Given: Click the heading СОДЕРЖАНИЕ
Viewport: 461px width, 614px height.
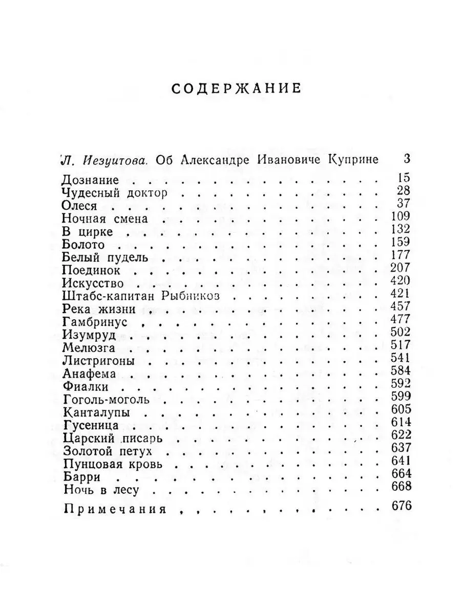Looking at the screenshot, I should click(235, 88).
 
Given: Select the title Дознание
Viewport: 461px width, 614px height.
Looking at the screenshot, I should click(90, 180).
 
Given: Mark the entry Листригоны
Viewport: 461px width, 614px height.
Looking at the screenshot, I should click(98, 360).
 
